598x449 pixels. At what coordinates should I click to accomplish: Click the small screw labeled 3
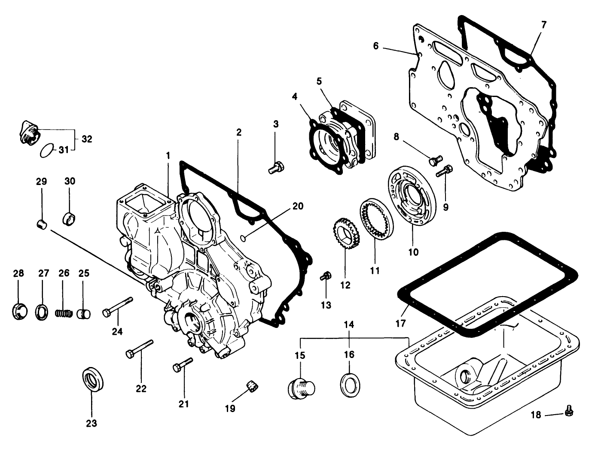coord(275,168)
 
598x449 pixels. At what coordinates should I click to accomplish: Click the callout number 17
coord(400,323)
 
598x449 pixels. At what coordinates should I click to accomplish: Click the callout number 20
coord(298,206)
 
